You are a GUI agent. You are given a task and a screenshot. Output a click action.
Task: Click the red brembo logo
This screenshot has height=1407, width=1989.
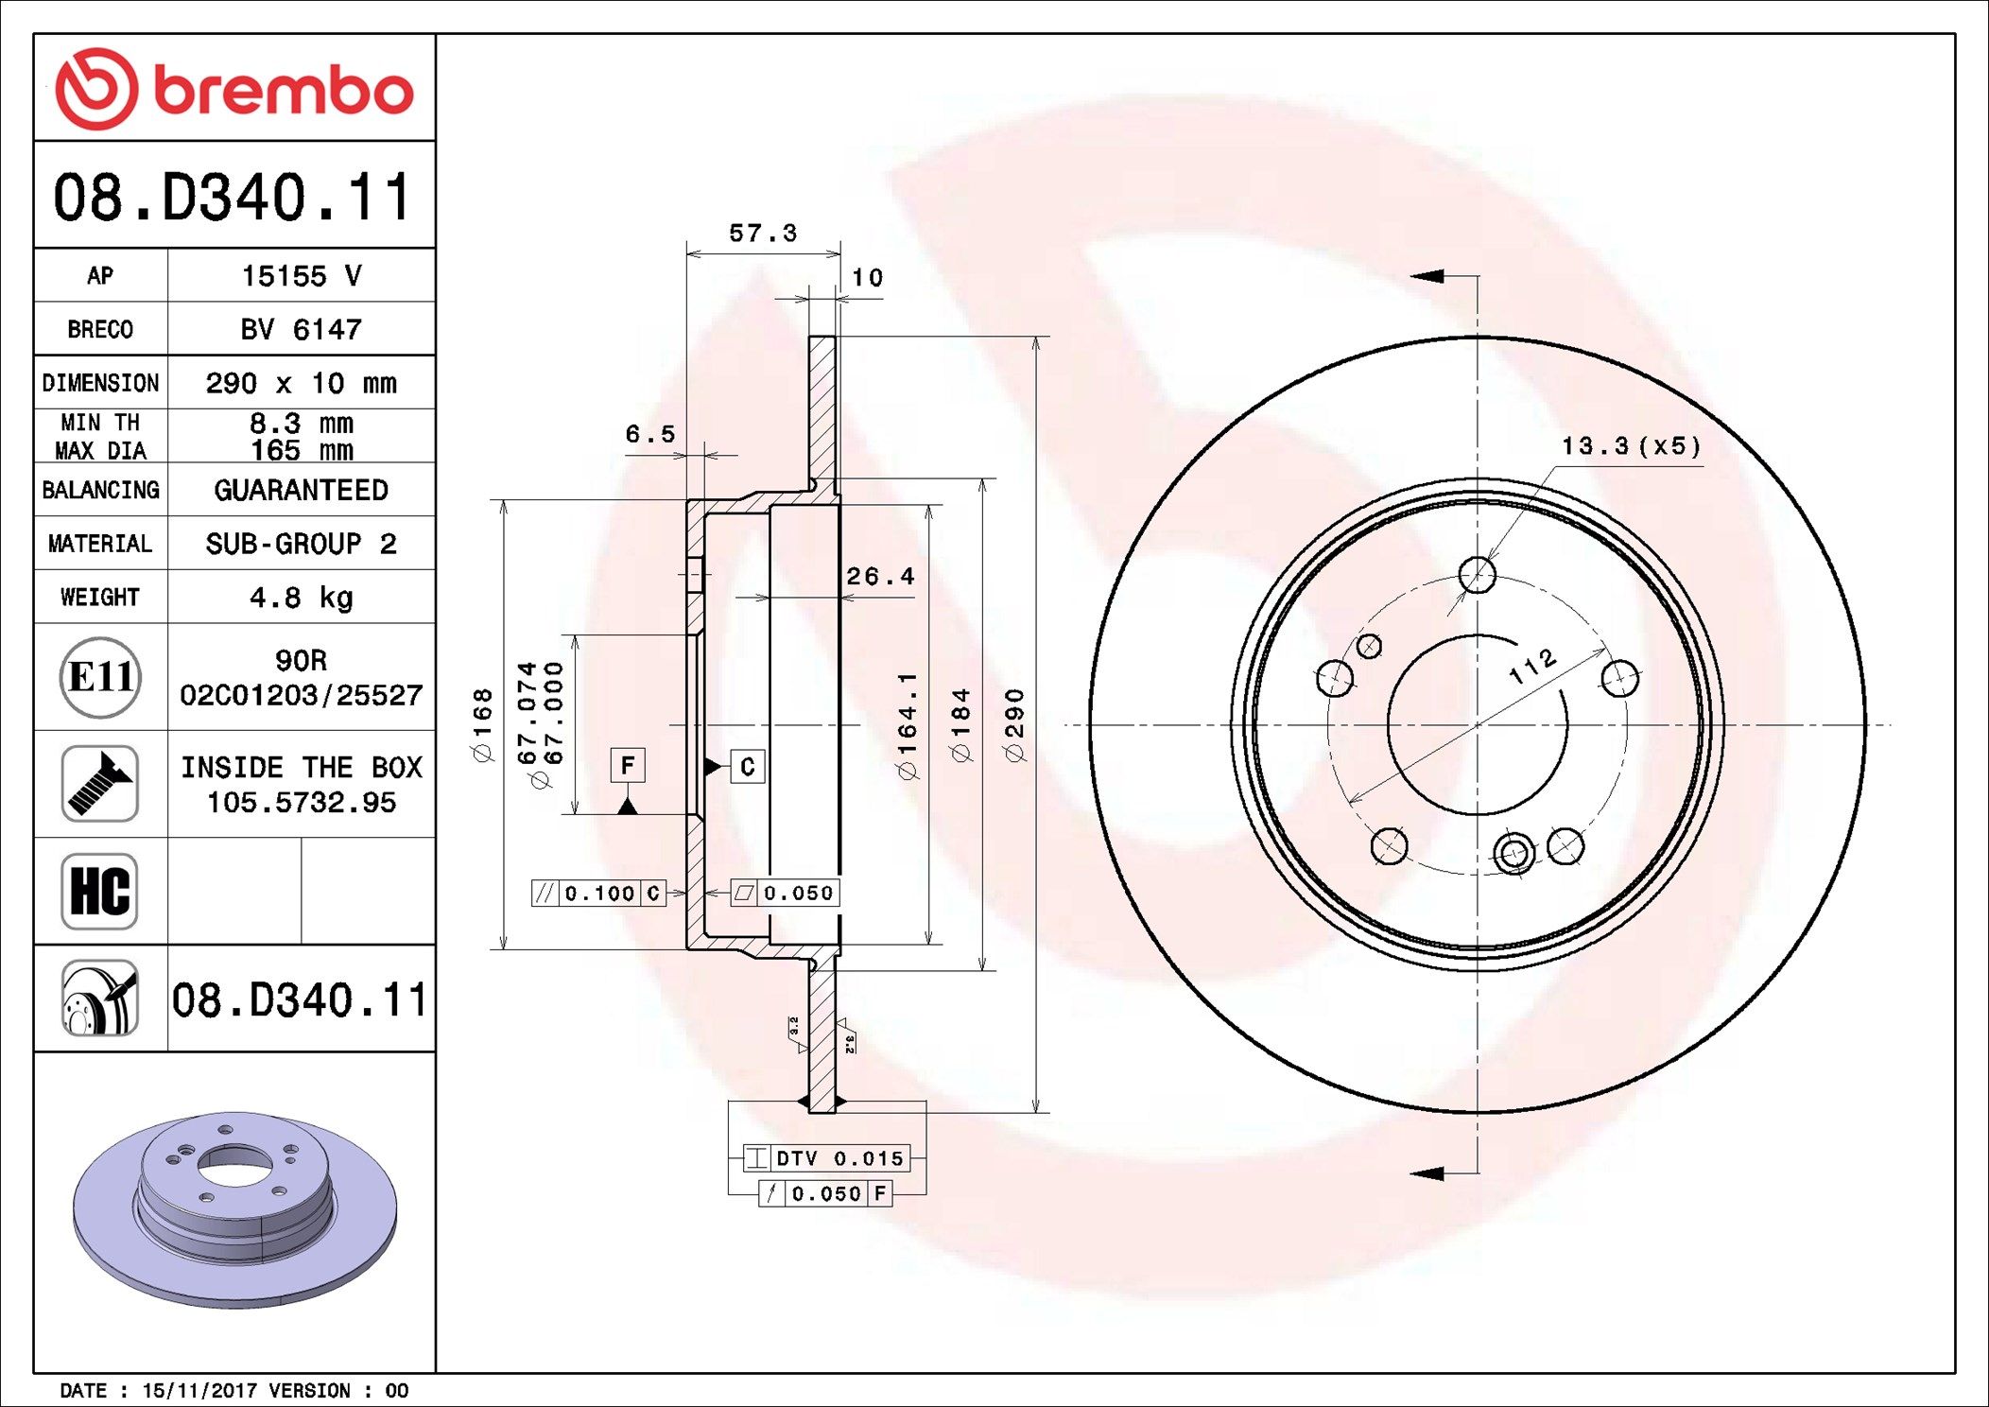click(x=234, y=89)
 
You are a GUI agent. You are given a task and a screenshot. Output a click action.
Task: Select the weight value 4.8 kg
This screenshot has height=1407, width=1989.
click(x=302, y=598)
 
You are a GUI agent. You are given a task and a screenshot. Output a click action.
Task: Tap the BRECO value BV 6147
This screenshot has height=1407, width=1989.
click(x=301, y=329)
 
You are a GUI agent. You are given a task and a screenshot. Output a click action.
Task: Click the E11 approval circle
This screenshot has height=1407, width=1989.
click(x=100, y=677)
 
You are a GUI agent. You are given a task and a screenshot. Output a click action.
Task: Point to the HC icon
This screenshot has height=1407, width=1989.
click(x=99, y=892)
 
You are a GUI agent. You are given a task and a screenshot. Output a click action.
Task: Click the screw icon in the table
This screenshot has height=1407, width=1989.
click(x=99, y=784)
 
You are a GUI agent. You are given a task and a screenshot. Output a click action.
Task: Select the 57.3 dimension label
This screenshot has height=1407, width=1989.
click(x=763, y=233)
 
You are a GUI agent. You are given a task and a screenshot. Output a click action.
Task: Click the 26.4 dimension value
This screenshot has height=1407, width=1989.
click(x=880, y=576)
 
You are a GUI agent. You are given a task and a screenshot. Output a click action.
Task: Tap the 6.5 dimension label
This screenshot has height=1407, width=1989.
click(x=650, y=434)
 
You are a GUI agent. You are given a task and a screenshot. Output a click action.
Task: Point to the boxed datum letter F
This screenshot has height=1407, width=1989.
click(x=628, y=765)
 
